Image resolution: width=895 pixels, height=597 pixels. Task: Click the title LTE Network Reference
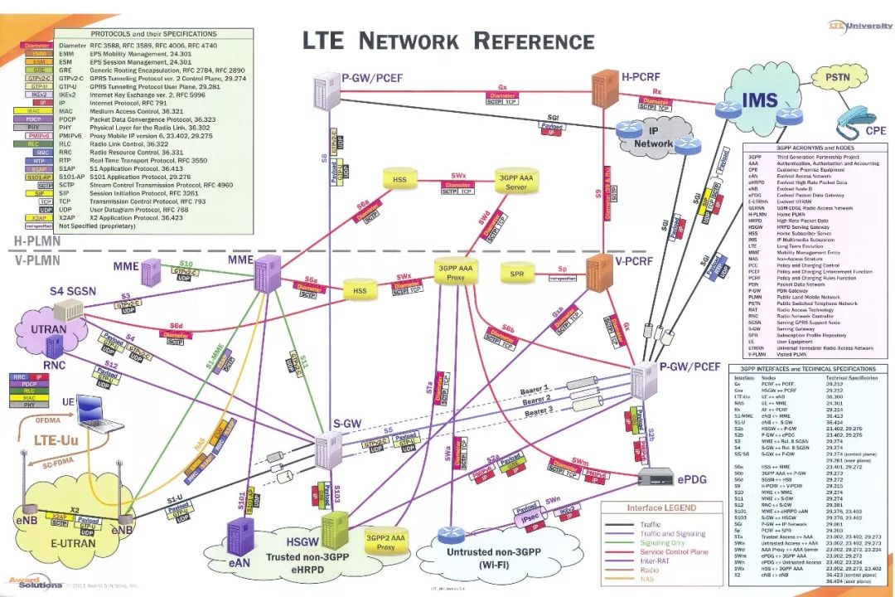click(447, 41)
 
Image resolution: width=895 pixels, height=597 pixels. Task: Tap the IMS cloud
click(759, 100)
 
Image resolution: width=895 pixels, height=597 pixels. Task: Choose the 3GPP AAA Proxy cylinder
click(458, 273)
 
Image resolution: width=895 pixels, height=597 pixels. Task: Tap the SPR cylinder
click(517, 274)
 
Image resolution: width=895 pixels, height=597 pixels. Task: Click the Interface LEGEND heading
click(661, 507)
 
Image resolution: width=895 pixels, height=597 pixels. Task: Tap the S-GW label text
click(348, 423)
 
